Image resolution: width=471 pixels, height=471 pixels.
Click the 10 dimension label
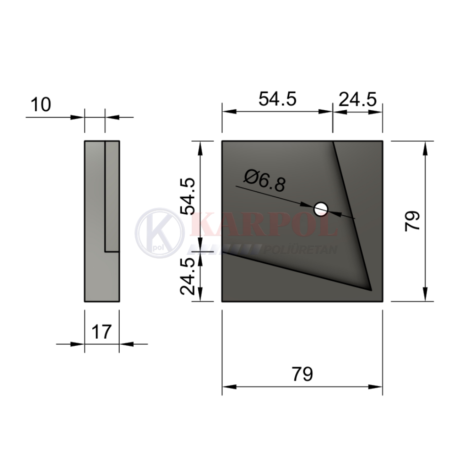[41, 105]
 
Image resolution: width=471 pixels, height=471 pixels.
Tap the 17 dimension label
[102, 332]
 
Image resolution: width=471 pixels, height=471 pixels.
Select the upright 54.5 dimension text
[277, 99]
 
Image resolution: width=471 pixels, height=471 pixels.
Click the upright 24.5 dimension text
[357, 100]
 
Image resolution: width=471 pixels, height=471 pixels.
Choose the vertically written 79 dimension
[412, 221]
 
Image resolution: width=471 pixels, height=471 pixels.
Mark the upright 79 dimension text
[302, 374]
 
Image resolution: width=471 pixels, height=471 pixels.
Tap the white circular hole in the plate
[320, 209]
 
